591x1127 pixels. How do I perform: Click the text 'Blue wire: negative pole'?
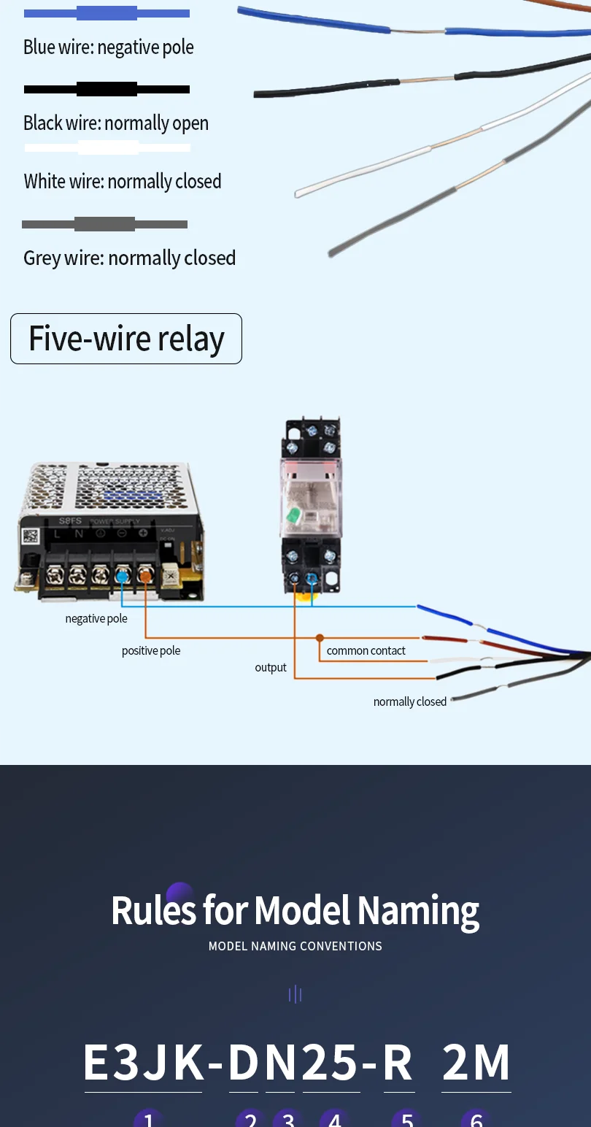(109, 47)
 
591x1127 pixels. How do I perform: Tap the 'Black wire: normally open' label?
(116, 123)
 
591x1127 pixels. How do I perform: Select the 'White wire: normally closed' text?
(123, 182)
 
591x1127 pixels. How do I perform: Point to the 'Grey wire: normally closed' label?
(130, 258)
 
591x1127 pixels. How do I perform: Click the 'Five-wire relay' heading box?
(126, 339)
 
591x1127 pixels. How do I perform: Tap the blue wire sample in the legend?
(107, 13)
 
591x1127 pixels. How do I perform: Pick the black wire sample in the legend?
(107, 89)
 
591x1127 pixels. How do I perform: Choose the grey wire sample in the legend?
(104, 224)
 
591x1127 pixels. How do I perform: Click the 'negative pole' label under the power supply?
(96, 619)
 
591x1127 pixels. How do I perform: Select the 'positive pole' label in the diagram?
(151, 651)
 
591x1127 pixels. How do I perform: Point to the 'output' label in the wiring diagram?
(271, 668)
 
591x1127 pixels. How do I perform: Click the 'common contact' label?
(366, 651)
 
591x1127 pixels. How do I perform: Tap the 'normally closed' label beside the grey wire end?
(410, 702)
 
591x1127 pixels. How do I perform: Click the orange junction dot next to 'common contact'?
(320, 638)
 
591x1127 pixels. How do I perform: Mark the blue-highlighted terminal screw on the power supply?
(123, 577)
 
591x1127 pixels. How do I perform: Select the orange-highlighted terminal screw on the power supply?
(145, 577)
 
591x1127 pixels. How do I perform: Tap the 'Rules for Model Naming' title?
(295, 911)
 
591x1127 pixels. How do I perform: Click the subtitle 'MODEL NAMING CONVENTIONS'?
(295, 946)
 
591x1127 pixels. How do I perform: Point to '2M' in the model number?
(476, 1063)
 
